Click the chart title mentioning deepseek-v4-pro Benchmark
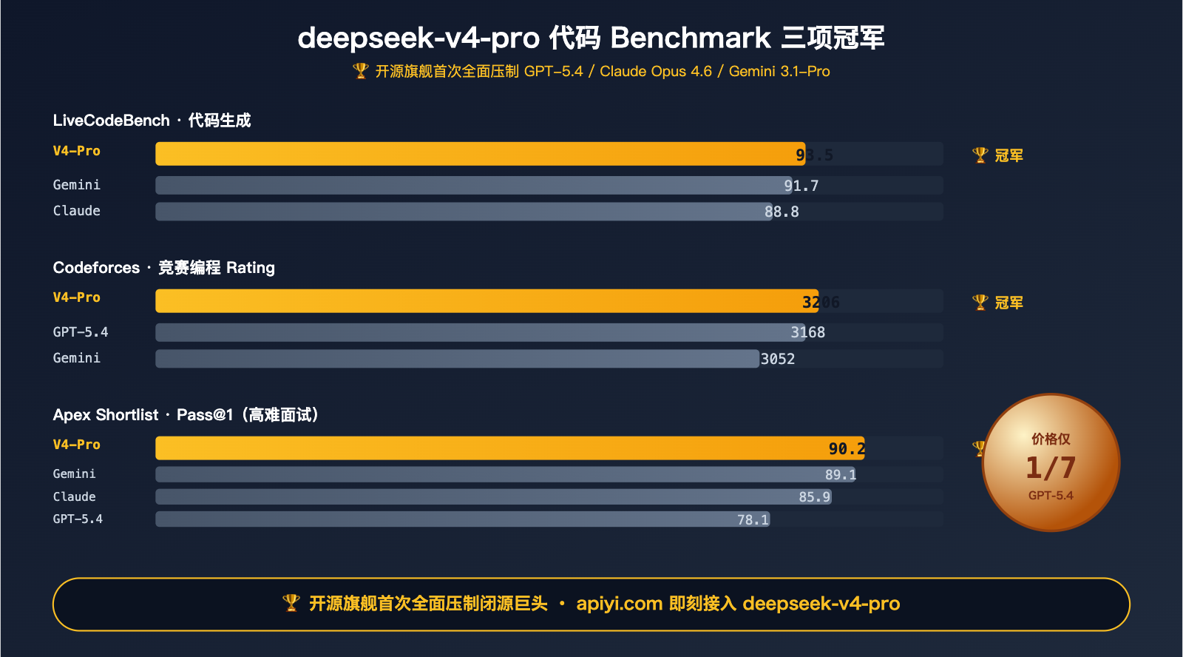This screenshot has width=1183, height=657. tap(591, 38)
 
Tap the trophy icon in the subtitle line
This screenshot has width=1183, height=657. tap(361, 71)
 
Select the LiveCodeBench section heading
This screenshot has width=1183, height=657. tap(152, 121)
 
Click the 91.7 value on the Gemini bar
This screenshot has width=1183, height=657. tap(801, 186)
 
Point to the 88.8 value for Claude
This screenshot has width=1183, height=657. tap(782, 212)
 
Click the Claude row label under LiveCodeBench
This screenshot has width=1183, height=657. tap(76, 211)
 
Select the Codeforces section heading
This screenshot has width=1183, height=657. tap(163, 268)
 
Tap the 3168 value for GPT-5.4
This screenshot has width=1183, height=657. tap(808, 332)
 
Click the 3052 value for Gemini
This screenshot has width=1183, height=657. tap(778, 359)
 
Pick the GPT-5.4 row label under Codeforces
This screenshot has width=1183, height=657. tap(80, 332)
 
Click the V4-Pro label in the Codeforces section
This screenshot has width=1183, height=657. tap(76, 297)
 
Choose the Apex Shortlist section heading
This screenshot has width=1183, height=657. tap(186, 415)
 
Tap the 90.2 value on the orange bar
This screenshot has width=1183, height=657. tap(847, 449)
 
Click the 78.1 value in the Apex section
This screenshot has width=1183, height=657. tap(753, 520)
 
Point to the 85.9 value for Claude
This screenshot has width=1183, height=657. tap(814, 497)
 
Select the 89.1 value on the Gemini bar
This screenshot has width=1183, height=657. tap(841, 475)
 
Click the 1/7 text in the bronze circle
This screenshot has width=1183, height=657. tap(1051, 468)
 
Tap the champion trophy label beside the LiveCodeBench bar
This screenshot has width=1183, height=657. tap(997, 155)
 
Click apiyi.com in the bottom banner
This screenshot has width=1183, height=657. tap(619, 604)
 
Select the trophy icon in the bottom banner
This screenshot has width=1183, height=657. tap(291, 604)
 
